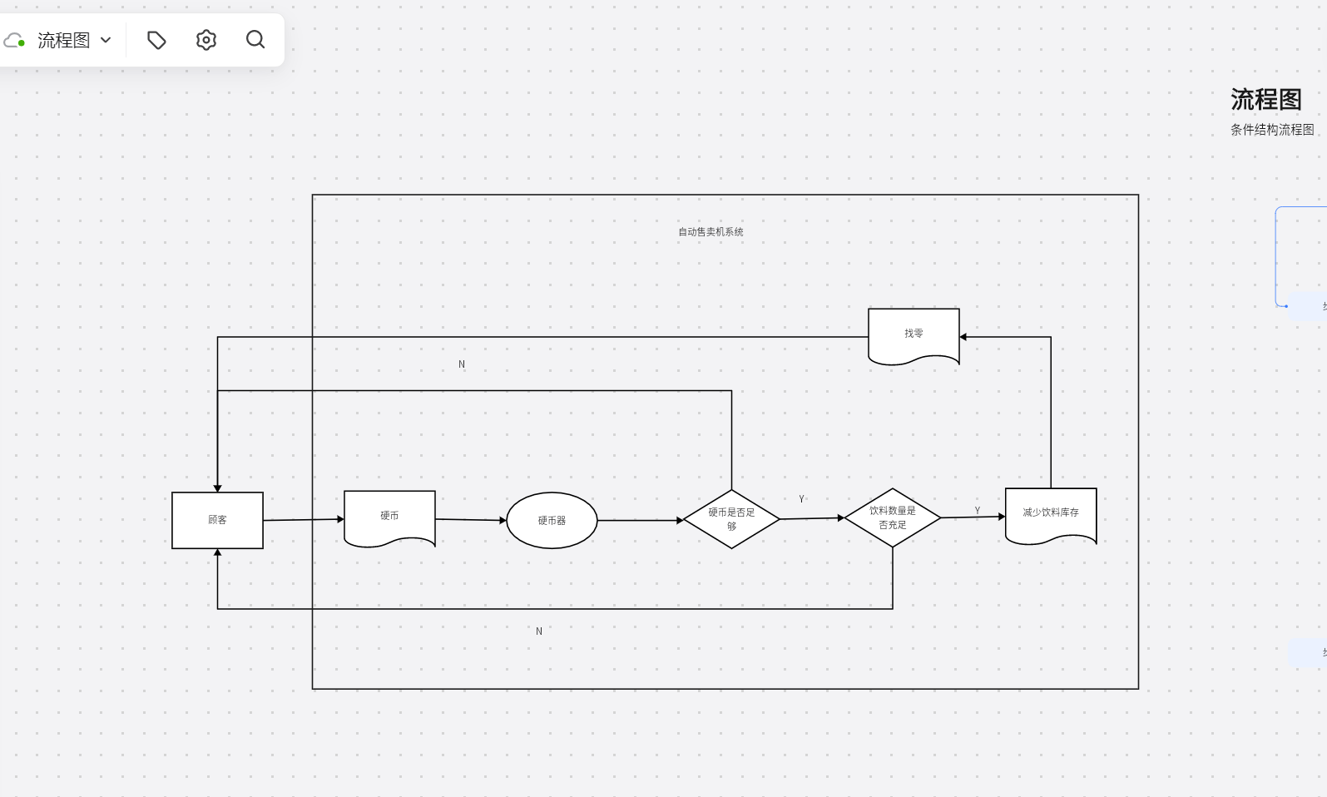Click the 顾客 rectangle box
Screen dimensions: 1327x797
pyautogui.click(x=217, y=520)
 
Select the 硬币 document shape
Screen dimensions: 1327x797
pyautogui.click(x=389, y=517)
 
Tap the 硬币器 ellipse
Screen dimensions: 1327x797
pyautogui.click(x=552, y=521)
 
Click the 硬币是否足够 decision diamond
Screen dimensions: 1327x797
pyautogui.click(x=731, y=519)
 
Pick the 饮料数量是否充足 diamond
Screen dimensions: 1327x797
pyautogui.click(x=893, y=517)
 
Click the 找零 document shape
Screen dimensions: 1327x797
pyautogui.click(x=914, y=334)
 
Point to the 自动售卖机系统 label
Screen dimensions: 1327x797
pyautogui.click(x=711, y=232)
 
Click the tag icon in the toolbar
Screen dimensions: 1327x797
pyautogui.click(x=156, y=40)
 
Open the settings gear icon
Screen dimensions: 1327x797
pyautogui.click(x=206, y=40)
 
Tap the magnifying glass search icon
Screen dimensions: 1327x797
pyautogui.click(x=255, y=40)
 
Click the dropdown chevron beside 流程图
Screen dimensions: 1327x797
pyautogui.click(x=106, y=40)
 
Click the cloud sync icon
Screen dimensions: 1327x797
pyautogui.click(x=14, y=40)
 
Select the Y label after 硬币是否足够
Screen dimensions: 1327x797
pyautogui.click(x=802, y=499)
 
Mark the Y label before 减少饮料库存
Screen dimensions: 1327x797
pyautogui.click(x=978, y=511)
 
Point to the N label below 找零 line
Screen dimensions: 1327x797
pyautogui.click(x=462, y=364)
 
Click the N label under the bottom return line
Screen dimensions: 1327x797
pyautogui.click(x=539, y=631)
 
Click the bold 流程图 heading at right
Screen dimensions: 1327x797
pyautogui.click(x=1266, y=100)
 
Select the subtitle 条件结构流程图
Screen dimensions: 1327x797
pyautogui.click(x=1272, y=130)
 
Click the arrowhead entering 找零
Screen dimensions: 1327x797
pyautogui.click(x=963, y=337)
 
